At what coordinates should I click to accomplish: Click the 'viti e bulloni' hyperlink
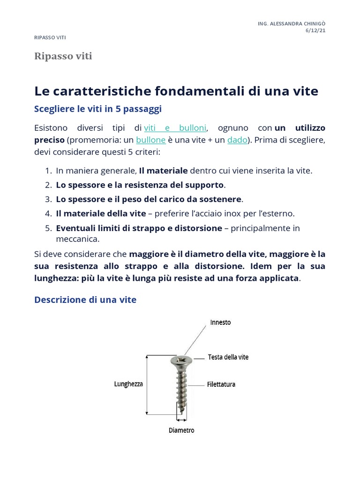point(175,128)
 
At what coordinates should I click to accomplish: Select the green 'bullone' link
point(150,140)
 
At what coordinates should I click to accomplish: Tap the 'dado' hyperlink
point(237,140)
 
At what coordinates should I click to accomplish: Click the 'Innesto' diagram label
point(220,322)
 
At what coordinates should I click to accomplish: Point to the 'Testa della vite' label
point(228,357)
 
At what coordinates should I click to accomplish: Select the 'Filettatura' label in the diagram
point(221,384)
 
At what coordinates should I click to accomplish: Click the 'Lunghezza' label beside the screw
point(128,384)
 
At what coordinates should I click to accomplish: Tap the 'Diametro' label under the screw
point(181,430)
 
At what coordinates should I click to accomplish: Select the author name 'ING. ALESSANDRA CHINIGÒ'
point(292,23)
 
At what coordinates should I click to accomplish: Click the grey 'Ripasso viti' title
point(63,57)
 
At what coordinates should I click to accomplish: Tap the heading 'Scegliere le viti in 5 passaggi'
point(98,109)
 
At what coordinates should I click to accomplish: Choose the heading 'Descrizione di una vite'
point(85,300)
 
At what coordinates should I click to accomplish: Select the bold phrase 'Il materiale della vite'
point(101,213)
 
